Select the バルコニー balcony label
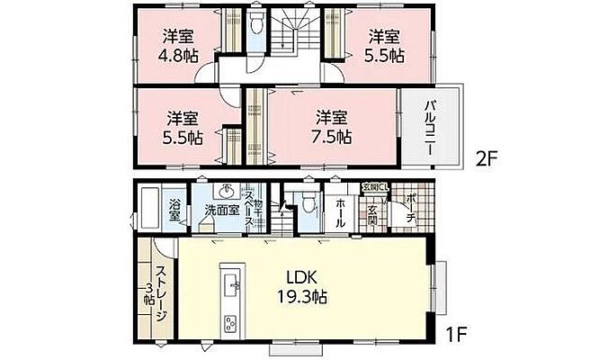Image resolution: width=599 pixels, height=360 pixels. [431, 126]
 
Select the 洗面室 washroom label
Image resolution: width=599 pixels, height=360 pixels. [219, 211]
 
